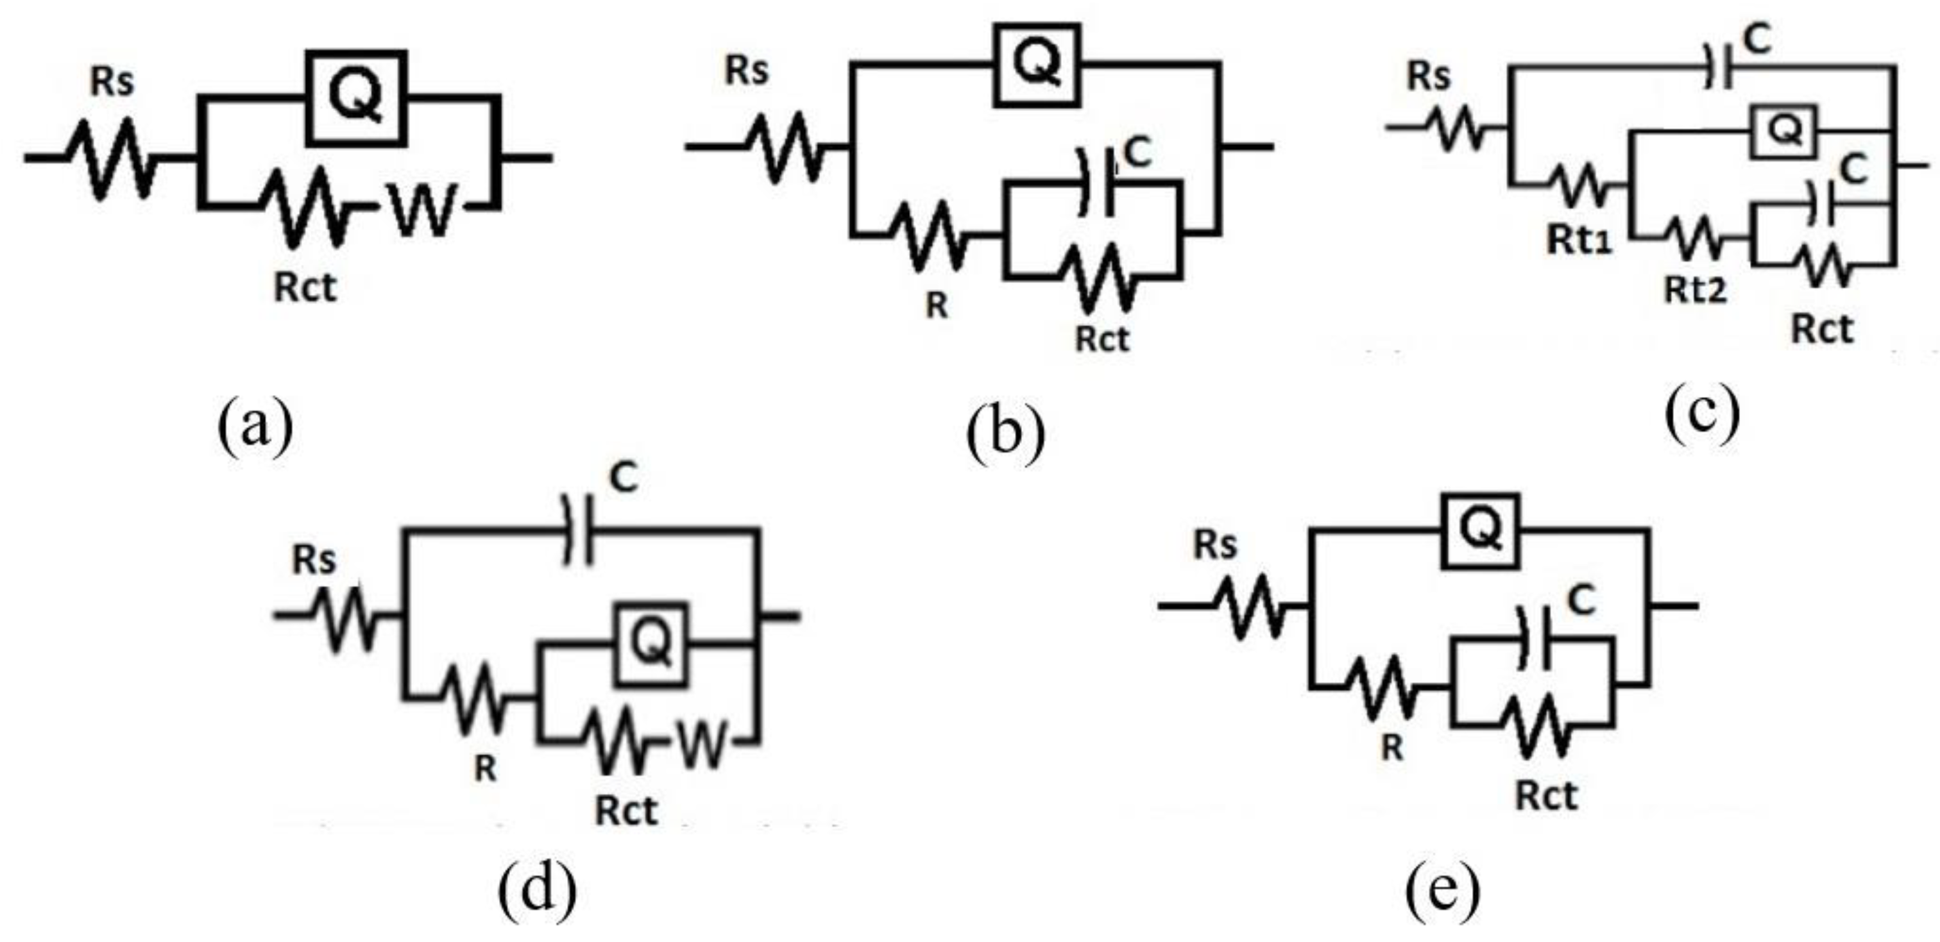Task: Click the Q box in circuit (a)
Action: [355, 99]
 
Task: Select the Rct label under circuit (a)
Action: [304, 289]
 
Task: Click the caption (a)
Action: [255, 427]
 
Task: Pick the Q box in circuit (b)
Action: [1037, 65]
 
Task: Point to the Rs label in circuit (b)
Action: [746, 71]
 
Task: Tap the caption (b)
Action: [1005, 435]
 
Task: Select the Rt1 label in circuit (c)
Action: [1579, 241]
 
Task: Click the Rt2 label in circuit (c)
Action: [1695, 290]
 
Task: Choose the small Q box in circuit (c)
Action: [1783, 131]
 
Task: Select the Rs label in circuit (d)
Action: [314, 559]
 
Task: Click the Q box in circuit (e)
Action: [1481, 531]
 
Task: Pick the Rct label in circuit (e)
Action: [1545, 796]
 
